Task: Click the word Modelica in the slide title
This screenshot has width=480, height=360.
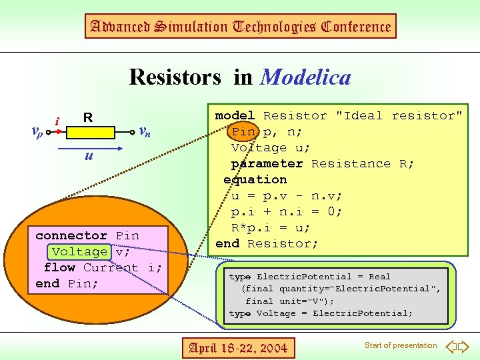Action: (306, 77)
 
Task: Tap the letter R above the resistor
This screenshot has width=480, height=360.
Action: (87, 118)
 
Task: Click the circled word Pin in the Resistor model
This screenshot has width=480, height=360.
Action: (243, 131)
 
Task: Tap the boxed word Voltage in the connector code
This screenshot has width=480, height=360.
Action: (79, 251)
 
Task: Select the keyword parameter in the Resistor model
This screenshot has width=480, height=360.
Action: (267, 163)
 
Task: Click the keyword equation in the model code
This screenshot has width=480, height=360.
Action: (255, 179)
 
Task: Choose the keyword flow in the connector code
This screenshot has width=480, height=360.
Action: (59, 267)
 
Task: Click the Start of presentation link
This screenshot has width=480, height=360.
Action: (401, 345)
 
